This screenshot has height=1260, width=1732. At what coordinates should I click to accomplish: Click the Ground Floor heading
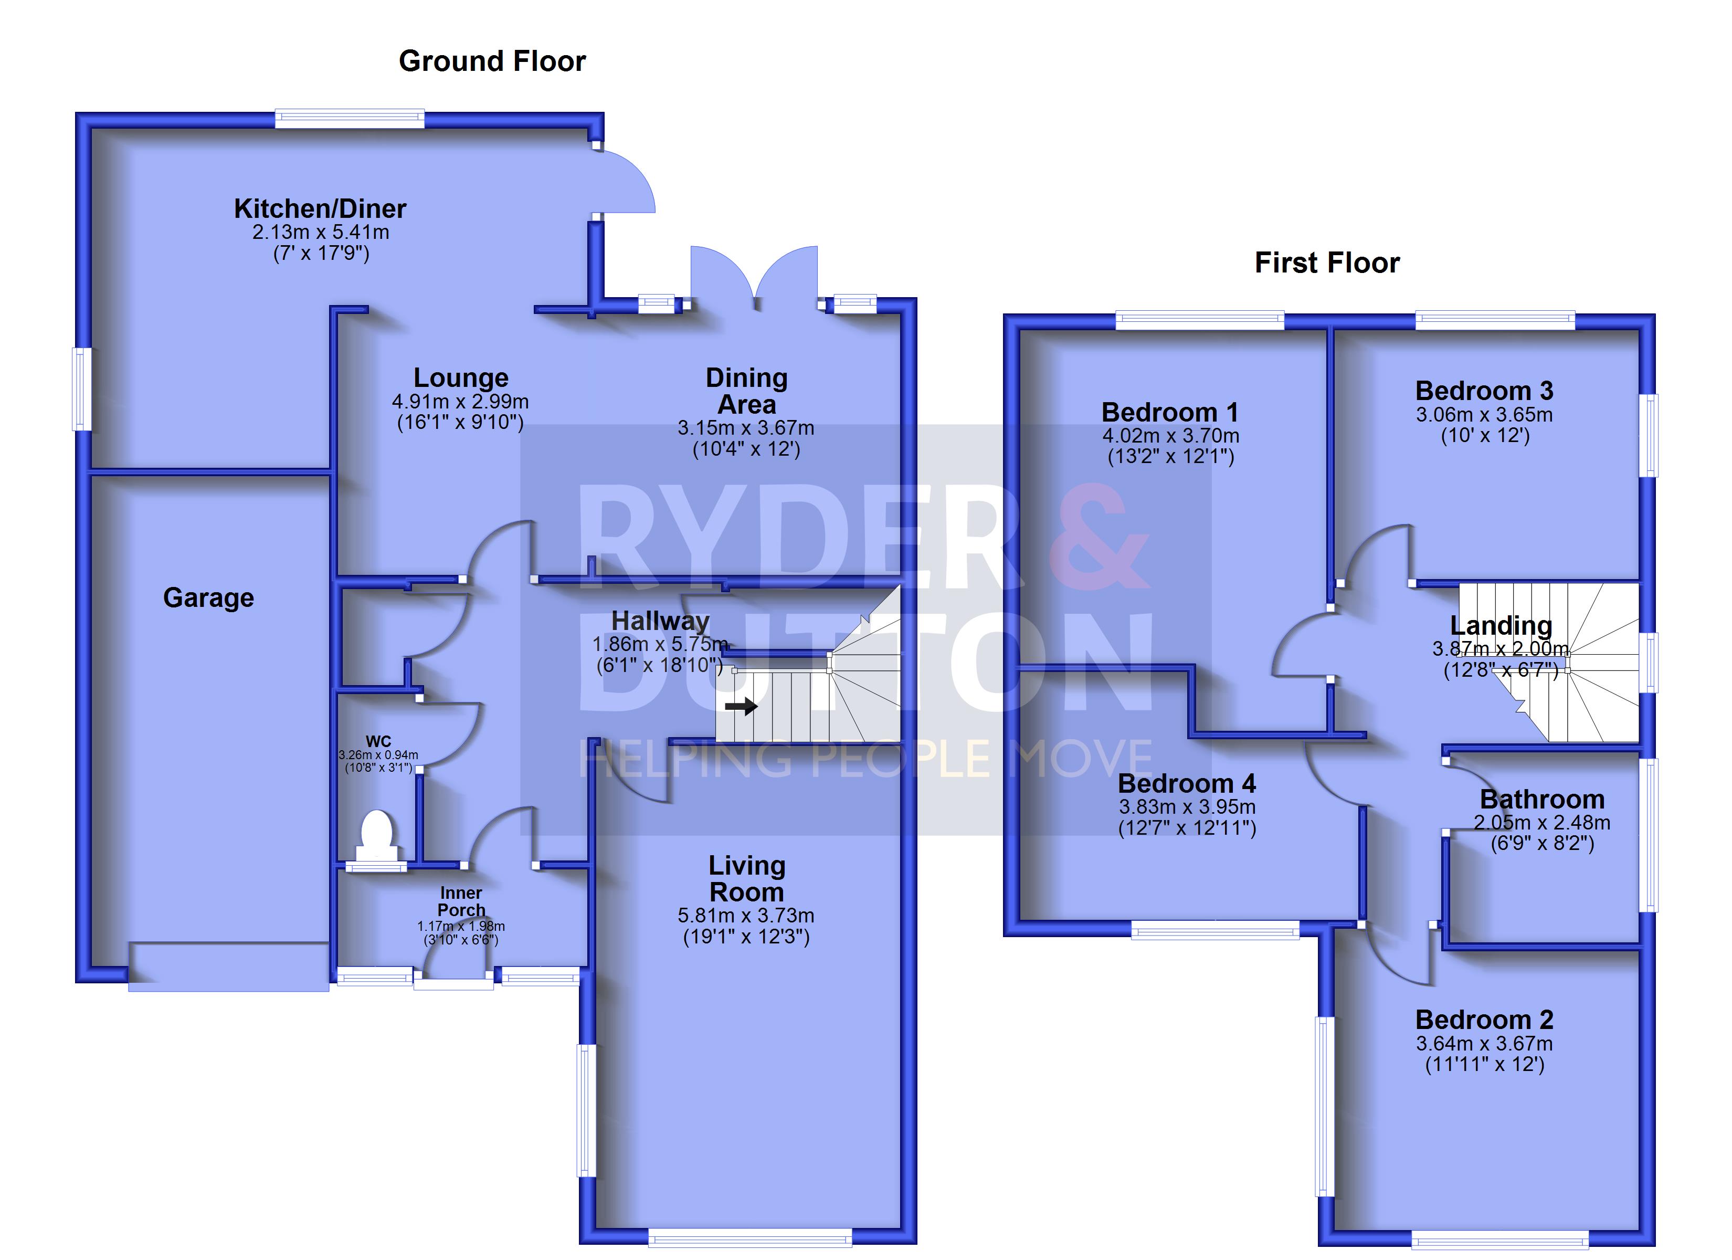click(x=492, y=61)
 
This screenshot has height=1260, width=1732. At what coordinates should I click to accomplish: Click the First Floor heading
click(x=1327, y=263)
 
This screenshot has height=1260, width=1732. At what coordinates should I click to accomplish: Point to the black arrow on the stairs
click(x=741, y=706)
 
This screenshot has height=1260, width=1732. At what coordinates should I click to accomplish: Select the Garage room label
click(x=208, y=597)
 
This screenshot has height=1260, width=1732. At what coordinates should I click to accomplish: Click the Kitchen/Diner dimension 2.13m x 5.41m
click(x=321, y=232)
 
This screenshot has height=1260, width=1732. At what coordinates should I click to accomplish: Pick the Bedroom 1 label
click(x=1170, y=413)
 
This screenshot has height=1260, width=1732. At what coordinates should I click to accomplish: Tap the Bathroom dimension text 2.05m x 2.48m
click(x=1542, y=823)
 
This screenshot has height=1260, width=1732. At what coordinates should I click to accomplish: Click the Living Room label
click(x=747, y=879)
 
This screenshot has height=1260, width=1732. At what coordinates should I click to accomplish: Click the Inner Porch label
click(x=461, y=901)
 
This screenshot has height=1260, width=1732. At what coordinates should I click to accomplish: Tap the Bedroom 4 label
click(x=1187, y=784)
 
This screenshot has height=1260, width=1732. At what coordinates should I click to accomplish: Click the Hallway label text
click(x=661, y=621)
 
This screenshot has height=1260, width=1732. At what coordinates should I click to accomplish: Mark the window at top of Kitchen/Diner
click(x=350, y=119)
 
